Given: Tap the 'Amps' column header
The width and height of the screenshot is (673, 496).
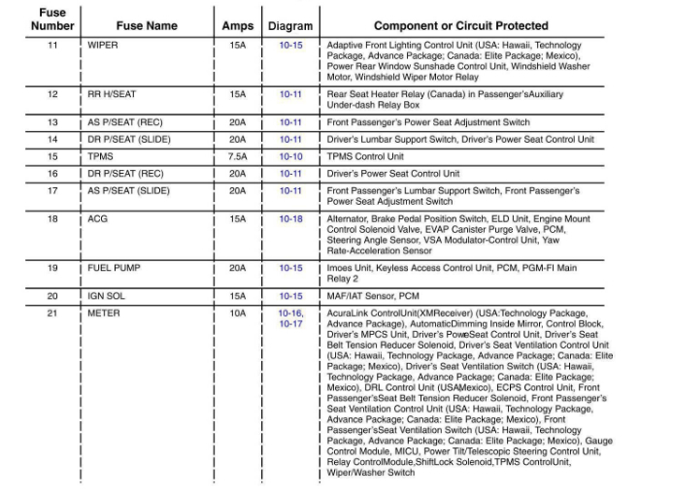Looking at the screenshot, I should pos(237,26).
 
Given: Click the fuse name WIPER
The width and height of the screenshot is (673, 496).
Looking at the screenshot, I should pos(103,46).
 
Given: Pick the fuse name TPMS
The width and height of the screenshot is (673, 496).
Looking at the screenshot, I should pos(101,156).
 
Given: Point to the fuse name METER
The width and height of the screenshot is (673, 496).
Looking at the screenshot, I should pos(104,314).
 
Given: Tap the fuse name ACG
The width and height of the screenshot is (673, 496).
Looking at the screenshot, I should pos(98,219).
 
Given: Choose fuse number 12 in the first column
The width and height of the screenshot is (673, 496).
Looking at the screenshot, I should pos(52,94).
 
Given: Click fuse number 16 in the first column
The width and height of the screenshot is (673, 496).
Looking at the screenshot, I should pos(52,173).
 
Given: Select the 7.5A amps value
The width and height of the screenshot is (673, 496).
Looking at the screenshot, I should pos(237,156).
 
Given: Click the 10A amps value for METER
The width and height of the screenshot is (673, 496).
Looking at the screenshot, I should pos(237,314).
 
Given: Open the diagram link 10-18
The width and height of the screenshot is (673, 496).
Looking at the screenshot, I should pos(291,219).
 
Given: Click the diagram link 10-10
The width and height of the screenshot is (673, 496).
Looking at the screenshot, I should pos(291,156).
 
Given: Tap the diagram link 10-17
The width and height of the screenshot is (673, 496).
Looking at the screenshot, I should pos(291,324).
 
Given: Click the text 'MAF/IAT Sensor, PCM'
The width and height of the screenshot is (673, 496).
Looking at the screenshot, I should pos(373,295).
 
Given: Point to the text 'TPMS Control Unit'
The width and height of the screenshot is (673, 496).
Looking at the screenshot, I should pos(365,156).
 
